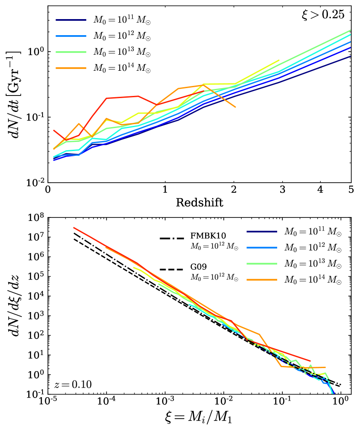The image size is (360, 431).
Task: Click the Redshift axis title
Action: coord(200,202)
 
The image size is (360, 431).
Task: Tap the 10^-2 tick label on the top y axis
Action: coord(36,182)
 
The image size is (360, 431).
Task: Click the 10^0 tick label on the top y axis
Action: coord(36,51)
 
